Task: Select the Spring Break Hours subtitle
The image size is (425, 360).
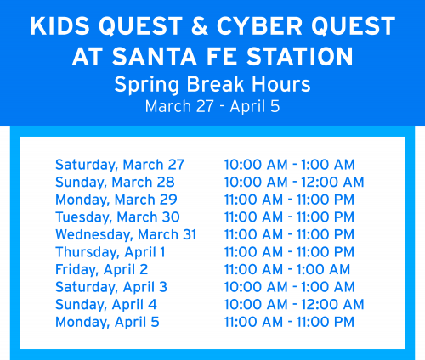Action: pos(212,86)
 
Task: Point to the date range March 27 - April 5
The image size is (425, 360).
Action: pos(212,107)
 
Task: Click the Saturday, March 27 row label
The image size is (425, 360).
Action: pos(120,165)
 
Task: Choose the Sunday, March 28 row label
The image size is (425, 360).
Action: pos(115,182)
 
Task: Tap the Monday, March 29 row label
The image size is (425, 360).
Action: pos(116,200)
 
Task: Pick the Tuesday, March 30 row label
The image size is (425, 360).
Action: pos(117,217)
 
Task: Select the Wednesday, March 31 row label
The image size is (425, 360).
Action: pos(126,234)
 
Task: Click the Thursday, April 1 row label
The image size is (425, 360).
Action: pos(110,252)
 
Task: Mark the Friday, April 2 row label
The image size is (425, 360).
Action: pos(101,269)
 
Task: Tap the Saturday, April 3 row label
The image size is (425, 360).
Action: pos(111,287)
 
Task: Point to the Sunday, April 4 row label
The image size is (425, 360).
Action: pos(106,304)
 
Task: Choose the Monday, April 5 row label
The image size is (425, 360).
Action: pos(107,322)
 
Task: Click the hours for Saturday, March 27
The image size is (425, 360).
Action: pos(289,165)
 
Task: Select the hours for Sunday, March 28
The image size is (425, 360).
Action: pos(293,182)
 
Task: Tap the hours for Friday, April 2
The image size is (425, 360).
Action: pos(286,269)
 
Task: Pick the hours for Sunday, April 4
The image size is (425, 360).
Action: pos(293,304)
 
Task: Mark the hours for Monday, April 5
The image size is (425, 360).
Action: pos(289,322)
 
